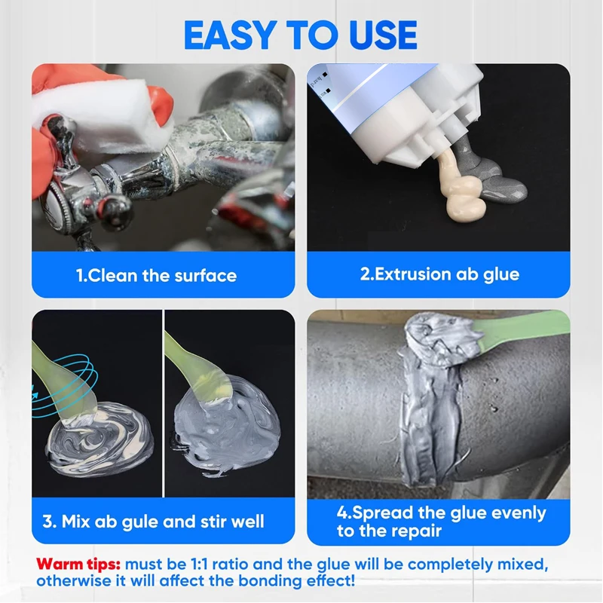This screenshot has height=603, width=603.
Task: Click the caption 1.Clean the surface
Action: click(156, 275)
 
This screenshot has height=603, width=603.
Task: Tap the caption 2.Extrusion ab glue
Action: click(439, 274)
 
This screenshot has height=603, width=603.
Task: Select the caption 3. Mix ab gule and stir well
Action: click(153, 521)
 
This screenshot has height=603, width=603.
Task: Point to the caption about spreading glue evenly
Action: click(441, 522)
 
